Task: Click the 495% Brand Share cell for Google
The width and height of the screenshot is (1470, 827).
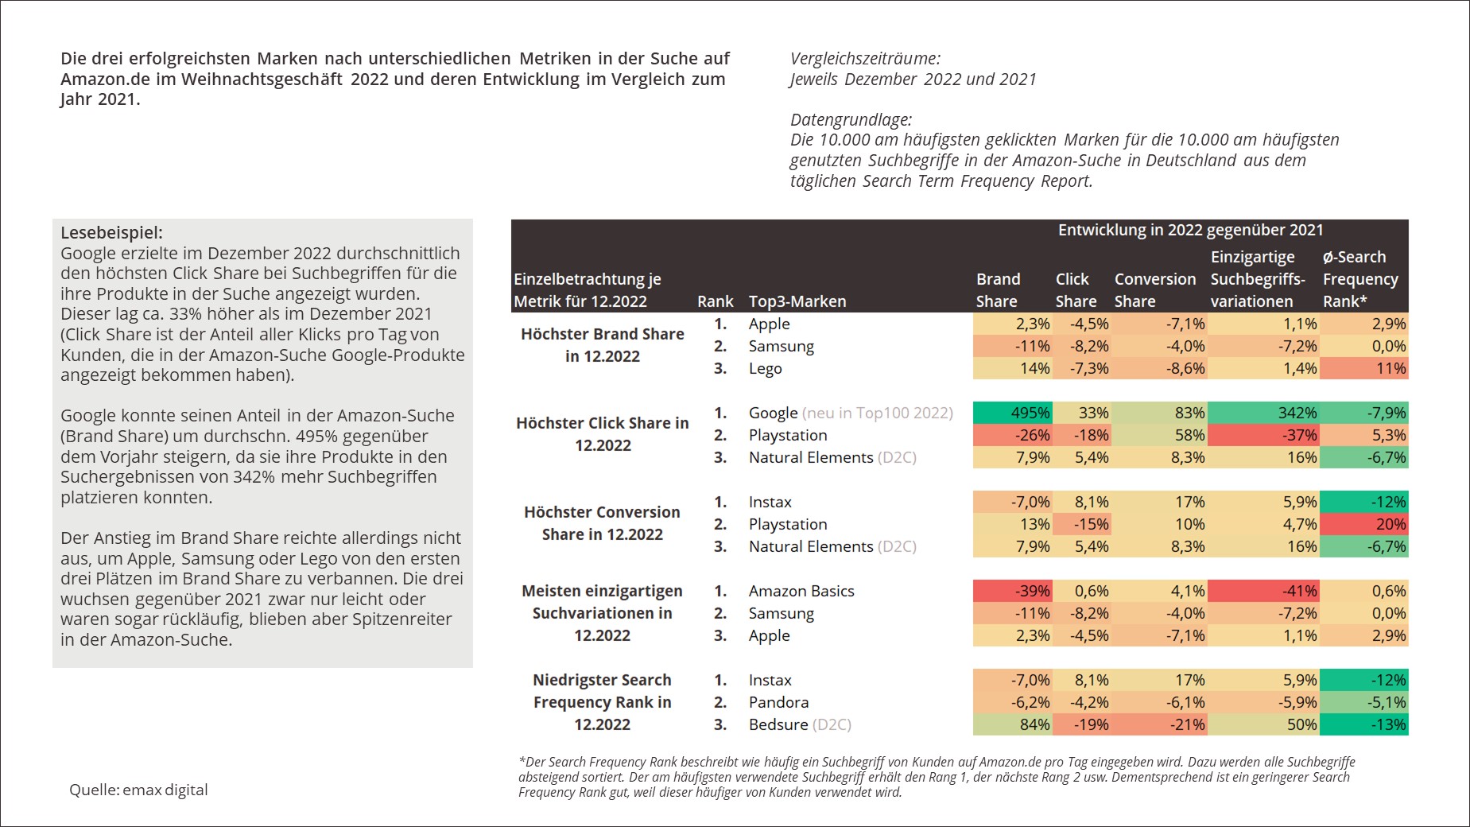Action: pos(1012,413)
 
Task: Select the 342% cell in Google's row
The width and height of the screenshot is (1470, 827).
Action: pos(1263,413)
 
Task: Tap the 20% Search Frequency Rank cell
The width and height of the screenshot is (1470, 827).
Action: pos(1364,524)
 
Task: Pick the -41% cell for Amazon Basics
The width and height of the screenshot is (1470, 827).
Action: pos(1263,591)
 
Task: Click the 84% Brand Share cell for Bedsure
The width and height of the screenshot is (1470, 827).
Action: pos(1012,724)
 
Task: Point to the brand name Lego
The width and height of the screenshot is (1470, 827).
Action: pos(765,369)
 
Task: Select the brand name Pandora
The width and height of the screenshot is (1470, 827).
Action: pos(778,702)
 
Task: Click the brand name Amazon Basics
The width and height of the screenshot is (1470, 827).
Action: pos(801,591)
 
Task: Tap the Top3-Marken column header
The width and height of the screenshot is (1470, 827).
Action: pos(797,301)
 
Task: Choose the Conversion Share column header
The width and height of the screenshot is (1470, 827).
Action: pos(1155,290)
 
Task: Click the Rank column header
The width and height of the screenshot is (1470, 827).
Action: pos(716,301)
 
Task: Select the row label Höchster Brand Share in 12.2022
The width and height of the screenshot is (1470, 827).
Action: pos(603,345)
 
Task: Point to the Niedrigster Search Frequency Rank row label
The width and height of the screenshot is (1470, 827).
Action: pos(603,702)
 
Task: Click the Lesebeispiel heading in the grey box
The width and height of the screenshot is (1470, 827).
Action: pos(111,233)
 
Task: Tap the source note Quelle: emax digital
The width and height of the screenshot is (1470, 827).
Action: pos(138,790)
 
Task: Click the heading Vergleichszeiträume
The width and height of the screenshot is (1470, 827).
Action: pos(865,59)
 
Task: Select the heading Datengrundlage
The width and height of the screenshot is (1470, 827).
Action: pos(851,120)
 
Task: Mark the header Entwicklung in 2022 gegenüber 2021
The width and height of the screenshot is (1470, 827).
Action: pos(1190,230)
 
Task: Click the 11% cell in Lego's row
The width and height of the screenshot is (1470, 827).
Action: pos(1364,368)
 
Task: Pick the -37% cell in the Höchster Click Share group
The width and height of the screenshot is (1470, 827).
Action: pos(1263,435)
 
